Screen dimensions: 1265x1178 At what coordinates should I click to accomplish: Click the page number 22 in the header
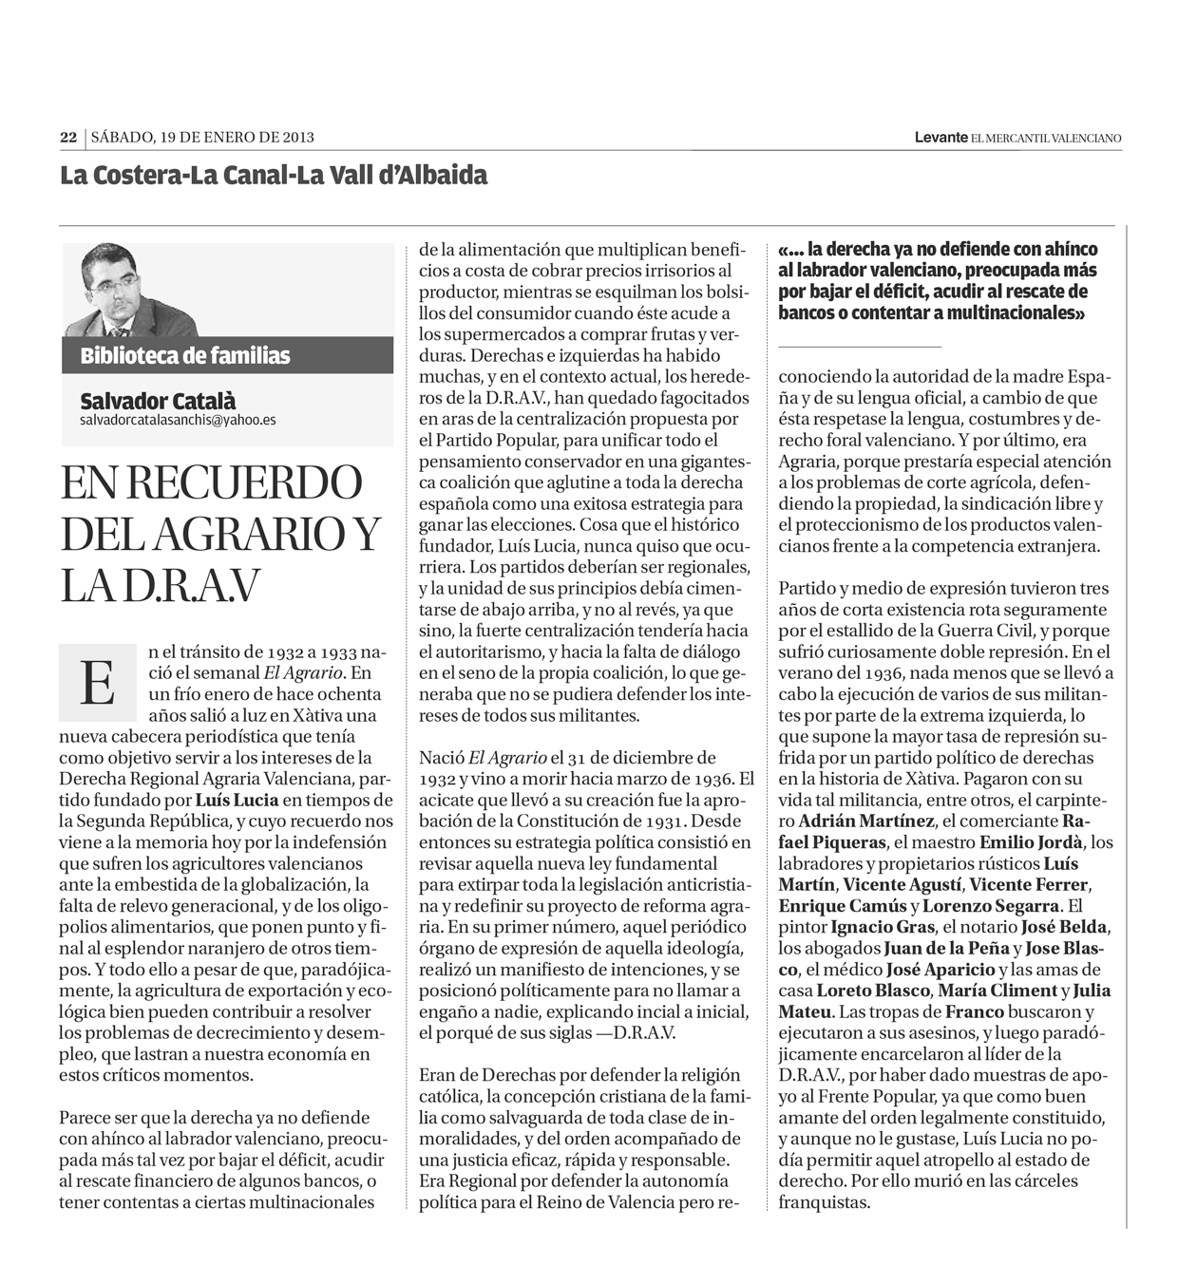[68, 138]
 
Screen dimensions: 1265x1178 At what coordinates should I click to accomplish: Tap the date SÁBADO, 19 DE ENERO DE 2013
[202, 138]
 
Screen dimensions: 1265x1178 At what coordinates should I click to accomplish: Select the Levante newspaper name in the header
[940, 138]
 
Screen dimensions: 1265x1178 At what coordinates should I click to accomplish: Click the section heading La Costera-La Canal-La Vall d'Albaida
[274, 176]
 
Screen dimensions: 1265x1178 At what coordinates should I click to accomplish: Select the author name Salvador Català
[158, 401]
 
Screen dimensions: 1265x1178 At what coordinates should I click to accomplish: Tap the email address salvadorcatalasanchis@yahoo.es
[178, 419]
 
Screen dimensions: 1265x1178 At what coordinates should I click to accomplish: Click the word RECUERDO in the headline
[244, 482]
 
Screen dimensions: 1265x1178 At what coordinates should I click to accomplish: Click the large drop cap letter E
[97, 682]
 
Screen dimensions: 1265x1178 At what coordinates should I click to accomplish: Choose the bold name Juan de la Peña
[946, 948]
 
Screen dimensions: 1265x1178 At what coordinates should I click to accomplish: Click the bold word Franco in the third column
[975, 1011]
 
